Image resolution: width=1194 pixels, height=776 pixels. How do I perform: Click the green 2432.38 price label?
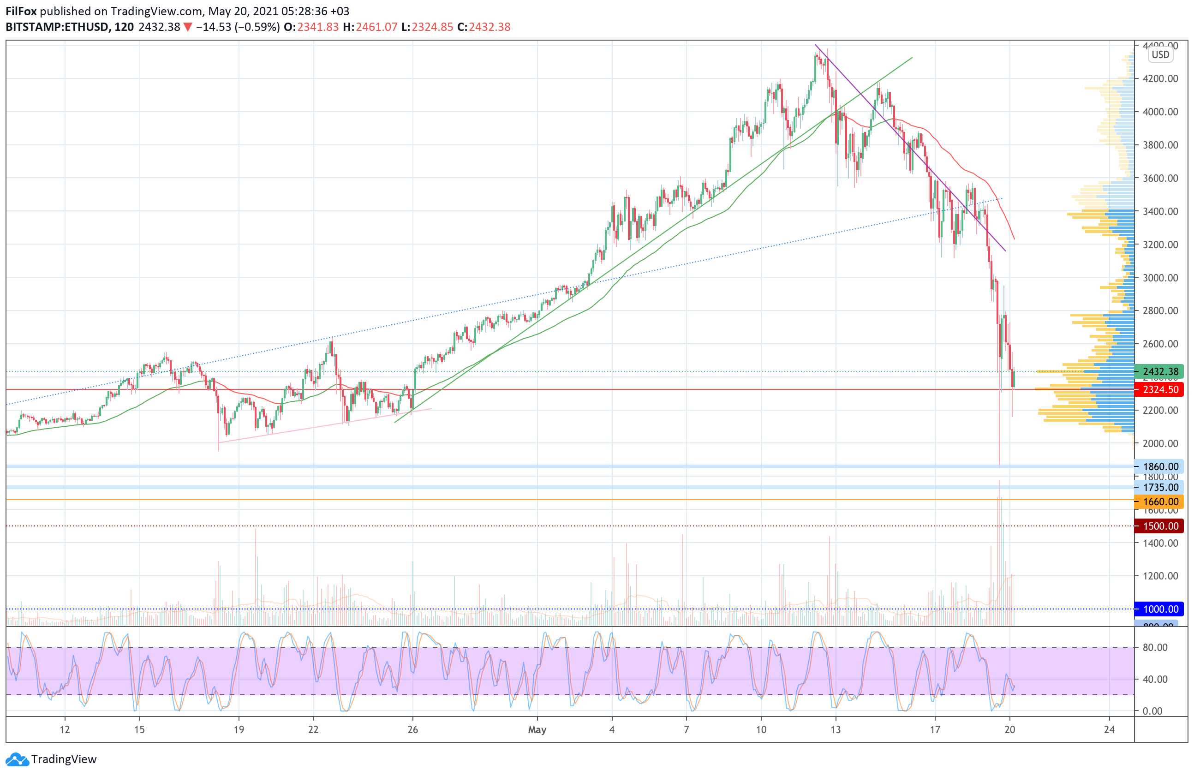(1160, 372)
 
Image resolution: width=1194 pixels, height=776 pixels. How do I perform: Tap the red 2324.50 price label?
(1160, 390)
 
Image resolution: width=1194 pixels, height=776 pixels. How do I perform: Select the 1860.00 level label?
(1160, 466)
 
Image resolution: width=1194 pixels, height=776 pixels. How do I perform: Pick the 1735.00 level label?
(1160, 487)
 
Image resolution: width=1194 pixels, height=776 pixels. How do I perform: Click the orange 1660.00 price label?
(1160, 501)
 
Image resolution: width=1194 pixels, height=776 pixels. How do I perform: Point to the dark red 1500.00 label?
(1160, 526)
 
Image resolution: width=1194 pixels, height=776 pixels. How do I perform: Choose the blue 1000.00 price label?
(1160, 609)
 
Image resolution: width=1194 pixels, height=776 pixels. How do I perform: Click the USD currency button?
(1160, 55)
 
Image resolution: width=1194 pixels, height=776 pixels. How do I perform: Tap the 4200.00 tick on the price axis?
(1160, 79)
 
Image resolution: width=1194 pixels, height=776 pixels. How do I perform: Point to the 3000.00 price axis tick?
(1160, 278)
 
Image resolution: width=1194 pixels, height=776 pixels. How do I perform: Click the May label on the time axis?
(537, 730)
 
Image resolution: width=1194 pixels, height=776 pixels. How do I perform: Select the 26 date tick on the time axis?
(412, 730)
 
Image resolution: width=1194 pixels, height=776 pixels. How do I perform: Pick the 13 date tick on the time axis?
(836, 730)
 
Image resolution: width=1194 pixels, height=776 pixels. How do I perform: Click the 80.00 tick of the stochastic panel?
(1155, 648)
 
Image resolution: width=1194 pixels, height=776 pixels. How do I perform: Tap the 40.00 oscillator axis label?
(1155, 679)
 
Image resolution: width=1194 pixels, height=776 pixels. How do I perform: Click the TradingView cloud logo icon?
(18, 760)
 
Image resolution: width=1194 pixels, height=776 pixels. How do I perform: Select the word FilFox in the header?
(21, 11)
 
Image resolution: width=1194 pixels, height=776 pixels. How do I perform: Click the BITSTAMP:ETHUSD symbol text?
(57, 27)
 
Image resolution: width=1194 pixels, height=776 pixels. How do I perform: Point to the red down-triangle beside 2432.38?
(188, 27)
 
